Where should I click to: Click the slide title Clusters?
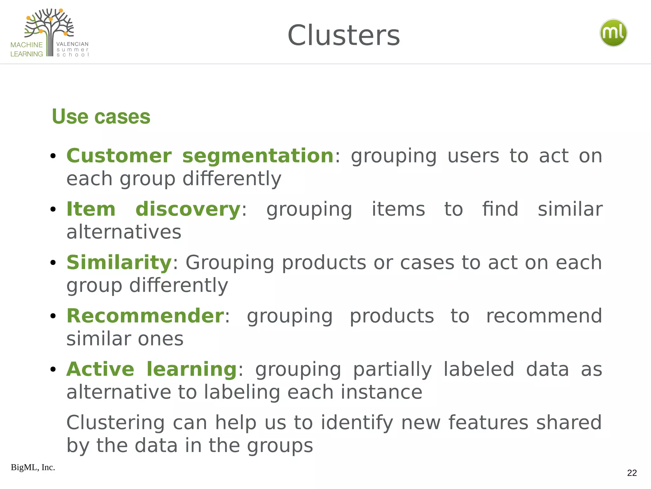(x=343, y=36)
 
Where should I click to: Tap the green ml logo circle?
(x=613, y=33)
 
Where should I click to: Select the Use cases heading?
(x=101, y=117)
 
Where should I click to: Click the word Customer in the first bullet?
(x=119, y=156)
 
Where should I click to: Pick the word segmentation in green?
(x=258, y=156)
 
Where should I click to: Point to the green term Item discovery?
(x=153, y=209)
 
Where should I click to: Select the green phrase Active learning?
(x=151, y=369)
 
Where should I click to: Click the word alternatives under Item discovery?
(x=124, y=232)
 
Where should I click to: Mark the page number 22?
(x=632, y=473)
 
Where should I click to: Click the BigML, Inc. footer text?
(x=33, y=467)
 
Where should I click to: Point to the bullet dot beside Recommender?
(x=53, y=316)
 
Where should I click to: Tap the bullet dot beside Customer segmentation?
(x=53, y=156)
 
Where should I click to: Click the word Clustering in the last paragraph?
(x=115, y=423)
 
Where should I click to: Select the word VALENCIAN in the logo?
(x=72, y=44)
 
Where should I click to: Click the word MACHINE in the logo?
(x=26, y=45)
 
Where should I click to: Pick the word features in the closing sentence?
(x=489, y=423)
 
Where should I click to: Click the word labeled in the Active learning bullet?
(x=478, y=369)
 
